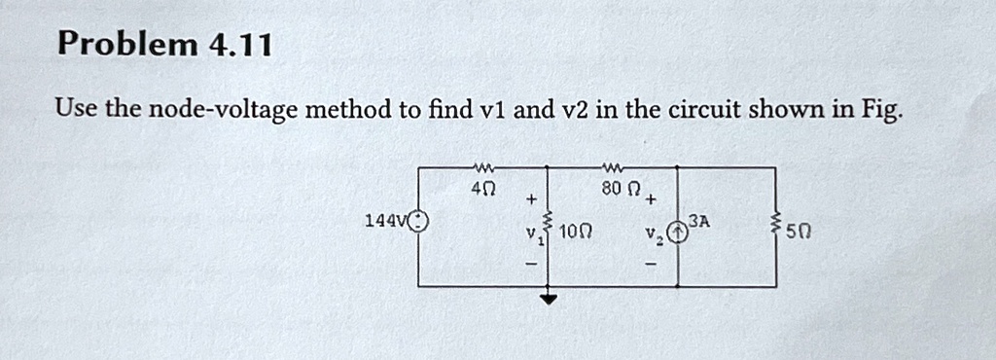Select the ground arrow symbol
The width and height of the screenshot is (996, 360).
[550, 299]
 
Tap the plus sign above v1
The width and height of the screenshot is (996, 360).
[531, 198]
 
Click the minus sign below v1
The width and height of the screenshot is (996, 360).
[531, 264]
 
